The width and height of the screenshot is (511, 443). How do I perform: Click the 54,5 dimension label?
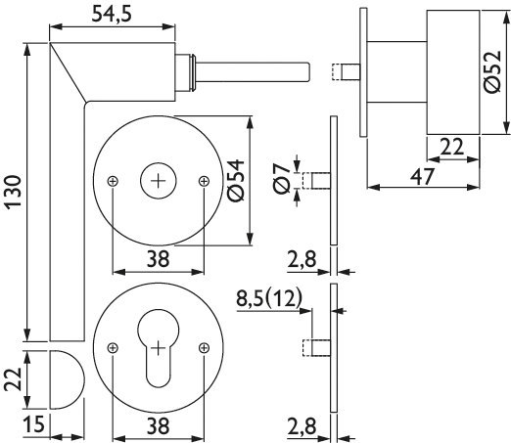(112, 15)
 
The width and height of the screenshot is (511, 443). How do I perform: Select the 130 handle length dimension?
(14, 191)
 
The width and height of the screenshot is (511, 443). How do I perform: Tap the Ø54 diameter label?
(236, 180)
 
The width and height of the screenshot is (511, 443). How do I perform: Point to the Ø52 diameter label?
(491, 71)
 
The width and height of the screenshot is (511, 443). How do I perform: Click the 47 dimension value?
(423, 177)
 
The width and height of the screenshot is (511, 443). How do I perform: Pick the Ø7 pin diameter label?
(282, 178)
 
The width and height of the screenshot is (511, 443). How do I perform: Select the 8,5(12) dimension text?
(269, 298)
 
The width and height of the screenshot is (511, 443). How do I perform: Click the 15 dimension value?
(34, 424)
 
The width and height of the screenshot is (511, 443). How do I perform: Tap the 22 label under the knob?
(451, 147)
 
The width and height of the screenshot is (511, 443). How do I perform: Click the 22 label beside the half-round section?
(13, 379)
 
